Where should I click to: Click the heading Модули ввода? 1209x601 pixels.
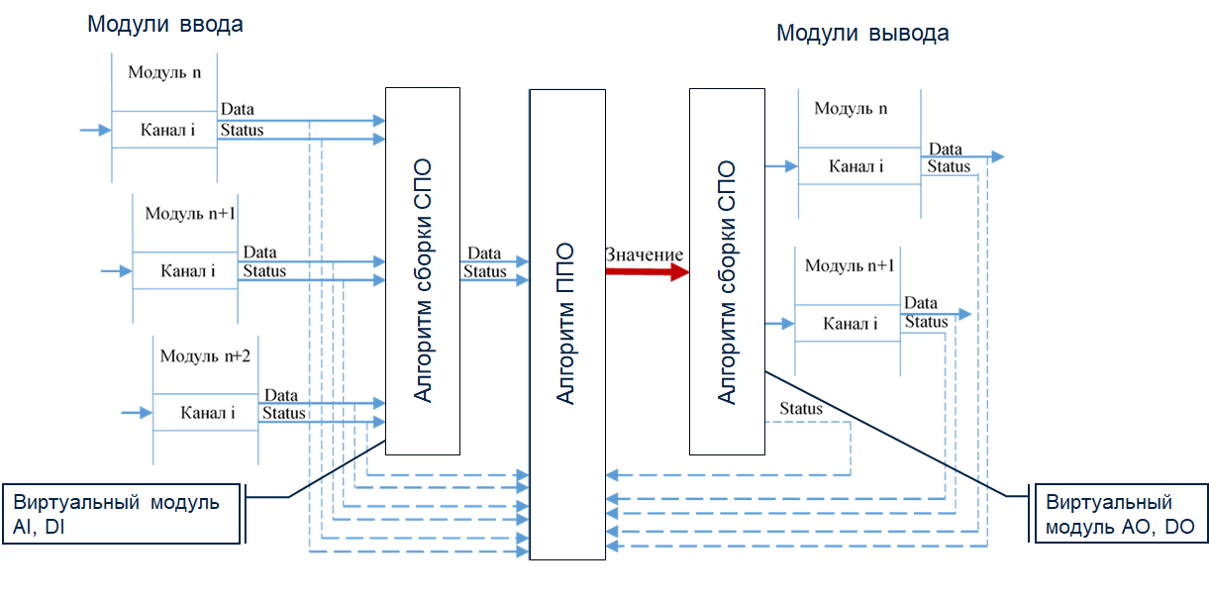click(x=164, y=25)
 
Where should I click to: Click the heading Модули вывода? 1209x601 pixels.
click(x=862, y=34)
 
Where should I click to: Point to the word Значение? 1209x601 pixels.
click(x=644, y=254)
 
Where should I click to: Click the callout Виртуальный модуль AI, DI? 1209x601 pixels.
click(x=124, y=514)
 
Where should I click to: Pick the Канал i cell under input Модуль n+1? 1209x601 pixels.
click(x=187, y=270)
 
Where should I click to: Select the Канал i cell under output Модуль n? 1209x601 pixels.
click(x=856, y=166)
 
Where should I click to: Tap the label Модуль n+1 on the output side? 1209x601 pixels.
click(x=850, y=265)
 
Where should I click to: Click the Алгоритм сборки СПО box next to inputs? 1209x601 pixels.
click(x=423, y=270)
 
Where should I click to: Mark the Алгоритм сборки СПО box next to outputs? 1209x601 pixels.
click(x=726, y=270)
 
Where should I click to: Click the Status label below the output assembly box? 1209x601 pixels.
click(x=800, y=409)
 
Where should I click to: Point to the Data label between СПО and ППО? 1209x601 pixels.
click(x=484, y=254)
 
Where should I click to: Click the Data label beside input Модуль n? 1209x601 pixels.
click(x=237, y=109)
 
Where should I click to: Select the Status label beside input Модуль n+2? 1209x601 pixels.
click(x=283, y=413)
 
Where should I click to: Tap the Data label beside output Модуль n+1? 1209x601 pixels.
click(x=921, y=303)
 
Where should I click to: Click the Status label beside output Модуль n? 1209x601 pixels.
click(x=949, y=166)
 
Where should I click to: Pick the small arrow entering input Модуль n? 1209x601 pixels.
click(x=95, y=130)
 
